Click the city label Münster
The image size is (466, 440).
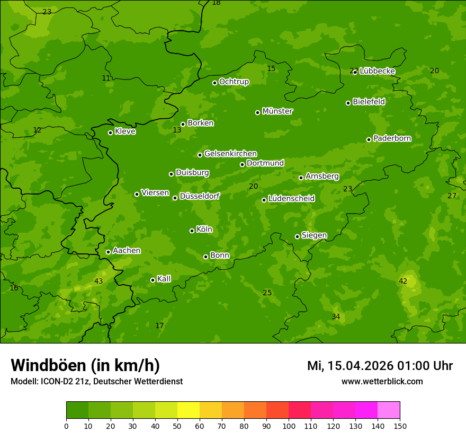277,111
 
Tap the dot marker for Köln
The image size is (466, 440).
192,231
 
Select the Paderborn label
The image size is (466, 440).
392,138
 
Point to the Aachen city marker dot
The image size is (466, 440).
108,252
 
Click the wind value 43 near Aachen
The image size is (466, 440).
98,281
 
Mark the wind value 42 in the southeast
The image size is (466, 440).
403,281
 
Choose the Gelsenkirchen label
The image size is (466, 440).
230,154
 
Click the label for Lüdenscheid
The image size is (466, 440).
291,199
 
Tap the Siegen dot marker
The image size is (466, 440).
297,236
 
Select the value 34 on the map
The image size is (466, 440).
336,316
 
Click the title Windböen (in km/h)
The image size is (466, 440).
85,365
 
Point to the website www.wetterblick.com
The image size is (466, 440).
382,382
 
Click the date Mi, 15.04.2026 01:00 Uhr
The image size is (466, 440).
380,366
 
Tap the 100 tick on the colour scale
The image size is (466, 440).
289,426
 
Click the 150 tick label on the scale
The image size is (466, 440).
400,426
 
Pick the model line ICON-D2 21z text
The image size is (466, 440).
96,382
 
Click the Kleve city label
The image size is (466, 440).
125,131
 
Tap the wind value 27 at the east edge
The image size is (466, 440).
452,196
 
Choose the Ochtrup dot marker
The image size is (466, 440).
214,83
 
